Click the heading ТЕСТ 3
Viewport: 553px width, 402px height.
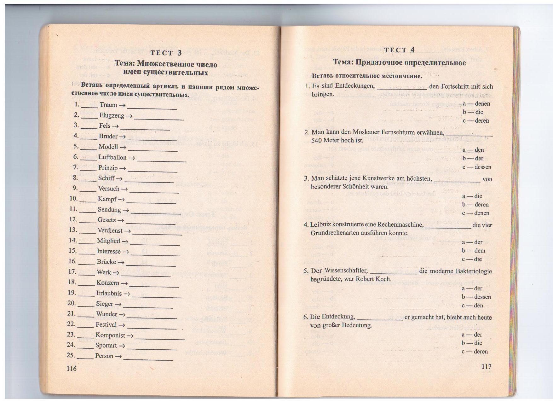(166, 53)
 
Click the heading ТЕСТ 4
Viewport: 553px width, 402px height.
(399, 50)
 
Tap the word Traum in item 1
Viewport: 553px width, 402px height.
(108, 105)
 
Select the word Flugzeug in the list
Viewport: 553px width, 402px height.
(112, 115)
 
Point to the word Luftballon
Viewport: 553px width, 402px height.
(112, 157)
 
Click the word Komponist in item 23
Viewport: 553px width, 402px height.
(110, 335)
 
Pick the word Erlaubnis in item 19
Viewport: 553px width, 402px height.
(109, 293)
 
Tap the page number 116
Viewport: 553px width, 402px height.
(72, 368)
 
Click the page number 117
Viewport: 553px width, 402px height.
(486, 366)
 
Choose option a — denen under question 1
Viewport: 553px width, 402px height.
(476, 103)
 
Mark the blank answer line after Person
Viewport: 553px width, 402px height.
(148, 358)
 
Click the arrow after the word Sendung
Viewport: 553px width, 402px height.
(126, 210)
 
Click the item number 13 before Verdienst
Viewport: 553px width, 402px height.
(73, 230)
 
